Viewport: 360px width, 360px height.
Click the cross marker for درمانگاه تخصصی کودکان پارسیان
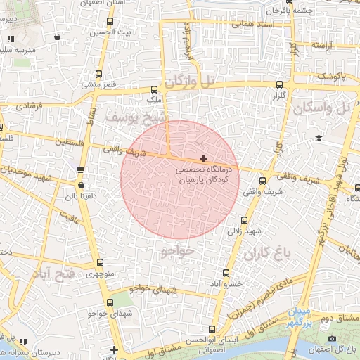(x=204, y=159)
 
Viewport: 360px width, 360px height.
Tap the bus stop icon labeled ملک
(x=154, y=89)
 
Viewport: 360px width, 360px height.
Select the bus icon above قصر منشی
(x=99, y=74)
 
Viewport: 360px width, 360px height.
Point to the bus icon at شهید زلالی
(x=244, y=219)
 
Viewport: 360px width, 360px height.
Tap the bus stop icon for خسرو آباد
(x=226, y=273)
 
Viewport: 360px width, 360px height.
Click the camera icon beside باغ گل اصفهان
(x=351, y=337)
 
